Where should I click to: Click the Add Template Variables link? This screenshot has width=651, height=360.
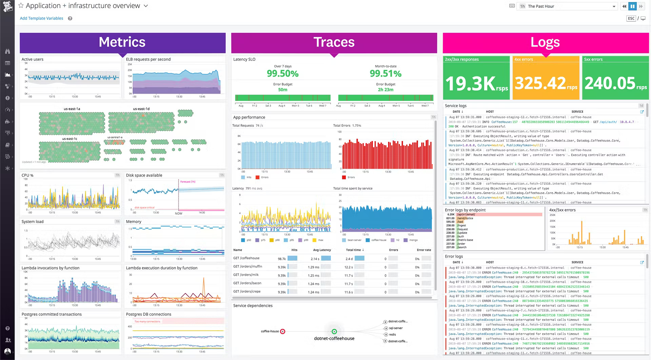click(41, 18)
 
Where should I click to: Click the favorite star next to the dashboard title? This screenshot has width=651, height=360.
click(21, 6)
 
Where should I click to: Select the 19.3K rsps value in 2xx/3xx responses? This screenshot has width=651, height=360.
click(476, 83)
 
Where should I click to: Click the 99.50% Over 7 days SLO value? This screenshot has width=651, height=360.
click(282, 73)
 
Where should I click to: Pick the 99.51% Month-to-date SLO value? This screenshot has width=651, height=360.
click(386, 73)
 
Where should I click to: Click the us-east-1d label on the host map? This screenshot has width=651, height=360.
click(141, 109)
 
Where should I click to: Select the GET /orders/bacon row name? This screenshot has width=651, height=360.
click(247, 283)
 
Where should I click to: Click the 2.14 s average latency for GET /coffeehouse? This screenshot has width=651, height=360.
click(315, 259)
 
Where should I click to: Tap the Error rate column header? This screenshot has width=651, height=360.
click(424, 250)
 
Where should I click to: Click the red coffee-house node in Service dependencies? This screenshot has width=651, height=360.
click(283, 332)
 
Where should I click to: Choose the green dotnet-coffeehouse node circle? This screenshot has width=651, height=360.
click(334, 332)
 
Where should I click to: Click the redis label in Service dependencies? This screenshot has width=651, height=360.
click(392, 335)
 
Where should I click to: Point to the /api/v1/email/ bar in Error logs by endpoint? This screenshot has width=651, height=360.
click(498, 214)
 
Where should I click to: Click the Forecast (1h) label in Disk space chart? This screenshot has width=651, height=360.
click(188, 182)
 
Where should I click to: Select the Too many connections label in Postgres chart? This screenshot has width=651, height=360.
click(147, 321)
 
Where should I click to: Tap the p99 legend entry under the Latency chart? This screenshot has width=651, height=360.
click(306, 240)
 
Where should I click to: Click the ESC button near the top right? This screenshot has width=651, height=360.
click(631, 18)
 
